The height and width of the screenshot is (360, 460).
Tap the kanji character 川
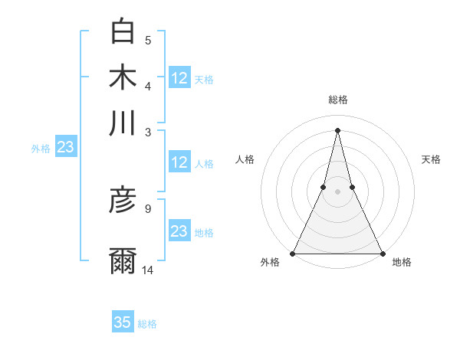[x=123, y=123]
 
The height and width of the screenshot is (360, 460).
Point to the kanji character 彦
[x=123, y=201]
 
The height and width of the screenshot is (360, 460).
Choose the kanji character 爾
[x=123, y=260]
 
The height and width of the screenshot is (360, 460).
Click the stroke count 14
[x=148, y=269]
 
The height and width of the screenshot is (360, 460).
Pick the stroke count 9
[x=148, y=208]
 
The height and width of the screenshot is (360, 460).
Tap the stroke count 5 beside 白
[x=148, y=39]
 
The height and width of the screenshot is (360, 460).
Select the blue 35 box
[x=123, y=322]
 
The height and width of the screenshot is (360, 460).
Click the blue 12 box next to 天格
[x=179, y=77]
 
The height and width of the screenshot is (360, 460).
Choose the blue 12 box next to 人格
[x=179, y=162]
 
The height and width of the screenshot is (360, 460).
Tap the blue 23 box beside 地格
[x=179, y=231]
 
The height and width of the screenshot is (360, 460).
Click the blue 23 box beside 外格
[x=65, y=148]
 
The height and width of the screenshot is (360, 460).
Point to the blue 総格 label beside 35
[x=147, y=324]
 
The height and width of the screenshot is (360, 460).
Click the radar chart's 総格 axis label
[x=337, y=100]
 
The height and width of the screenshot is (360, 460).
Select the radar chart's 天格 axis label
[x=432, y=159]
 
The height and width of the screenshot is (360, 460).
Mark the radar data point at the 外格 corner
[x=293, y=254]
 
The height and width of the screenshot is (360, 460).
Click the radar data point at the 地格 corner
[x=382, y=254]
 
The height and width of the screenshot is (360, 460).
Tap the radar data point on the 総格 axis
[x=337, y=129]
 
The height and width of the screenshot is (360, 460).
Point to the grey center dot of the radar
[x=337, y=192]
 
